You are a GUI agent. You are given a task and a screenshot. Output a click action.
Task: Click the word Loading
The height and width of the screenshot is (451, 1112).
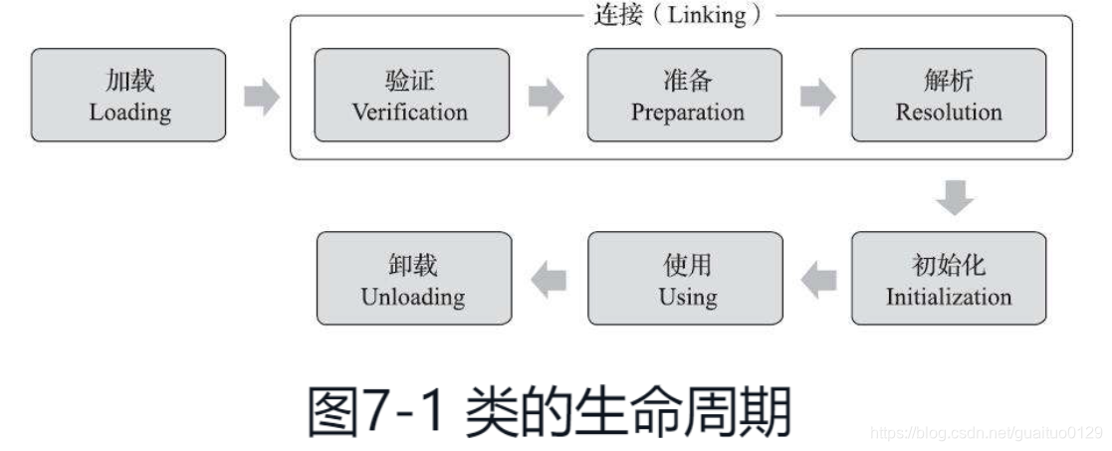[129, 113]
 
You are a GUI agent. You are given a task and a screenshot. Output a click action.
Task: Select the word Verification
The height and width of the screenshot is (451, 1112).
[410, 113]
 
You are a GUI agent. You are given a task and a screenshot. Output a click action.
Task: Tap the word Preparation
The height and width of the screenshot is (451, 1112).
[687, 113]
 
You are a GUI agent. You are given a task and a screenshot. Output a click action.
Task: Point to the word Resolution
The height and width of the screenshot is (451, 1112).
[948, 113]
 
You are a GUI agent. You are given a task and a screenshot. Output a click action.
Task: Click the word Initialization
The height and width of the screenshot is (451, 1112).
[948, 297]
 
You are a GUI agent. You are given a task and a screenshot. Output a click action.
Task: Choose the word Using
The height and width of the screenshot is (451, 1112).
[687, 297]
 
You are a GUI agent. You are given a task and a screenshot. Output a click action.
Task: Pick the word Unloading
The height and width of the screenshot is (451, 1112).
[413, 297]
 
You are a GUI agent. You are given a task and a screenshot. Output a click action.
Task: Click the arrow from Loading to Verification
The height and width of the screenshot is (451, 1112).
[261, 97]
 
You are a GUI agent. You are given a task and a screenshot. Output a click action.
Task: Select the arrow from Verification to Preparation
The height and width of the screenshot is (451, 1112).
[546, 97]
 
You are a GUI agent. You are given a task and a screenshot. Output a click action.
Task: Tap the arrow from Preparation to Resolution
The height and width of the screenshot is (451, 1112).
[818, 97]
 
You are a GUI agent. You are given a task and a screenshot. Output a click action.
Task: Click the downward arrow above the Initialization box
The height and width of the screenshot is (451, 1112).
[954, 198]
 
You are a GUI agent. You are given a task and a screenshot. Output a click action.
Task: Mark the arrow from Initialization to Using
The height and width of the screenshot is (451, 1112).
[819, 280]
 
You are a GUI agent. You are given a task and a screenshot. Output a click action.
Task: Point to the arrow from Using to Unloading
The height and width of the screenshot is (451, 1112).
[549, 280]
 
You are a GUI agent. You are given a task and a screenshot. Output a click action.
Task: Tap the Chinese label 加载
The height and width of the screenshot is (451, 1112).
[129, 82]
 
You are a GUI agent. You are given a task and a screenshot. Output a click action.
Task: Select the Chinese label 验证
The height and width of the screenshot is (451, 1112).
[410, 82]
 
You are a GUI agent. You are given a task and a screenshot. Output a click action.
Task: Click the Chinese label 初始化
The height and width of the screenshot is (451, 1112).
[948, 266]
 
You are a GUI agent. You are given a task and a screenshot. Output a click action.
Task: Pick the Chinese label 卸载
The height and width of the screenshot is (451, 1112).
[413, 266]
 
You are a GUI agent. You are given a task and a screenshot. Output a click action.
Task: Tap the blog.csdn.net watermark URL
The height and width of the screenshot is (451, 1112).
[986, 433]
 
